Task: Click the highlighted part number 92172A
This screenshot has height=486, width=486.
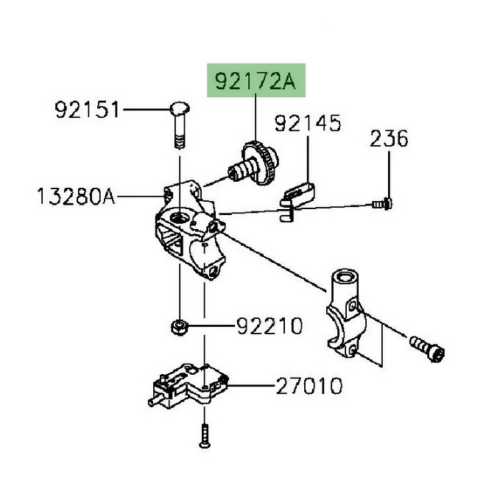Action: (256, 81)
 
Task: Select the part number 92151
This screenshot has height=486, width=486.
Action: (87, 110)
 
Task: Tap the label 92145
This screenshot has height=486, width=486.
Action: (308, 123)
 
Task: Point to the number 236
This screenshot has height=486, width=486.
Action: (389, 138)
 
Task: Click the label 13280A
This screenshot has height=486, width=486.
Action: (76, 196)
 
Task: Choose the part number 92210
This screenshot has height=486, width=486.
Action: (270, 325)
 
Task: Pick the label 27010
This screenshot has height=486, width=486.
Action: (309, 386)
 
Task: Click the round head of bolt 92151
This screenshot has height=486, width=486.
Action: (180, 108)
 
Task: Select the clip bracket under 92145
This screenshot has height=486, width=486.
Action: (297, 201)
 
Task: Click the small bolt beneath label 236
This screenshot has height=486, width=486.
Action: (382, 204)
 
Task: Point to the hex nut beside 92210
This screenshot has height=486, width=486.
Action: (180, 327)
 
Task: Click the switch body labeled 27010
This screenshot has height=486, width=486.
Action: (188, 384)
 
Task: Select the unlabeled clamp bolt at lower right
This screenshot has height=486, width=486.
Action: (427, 348)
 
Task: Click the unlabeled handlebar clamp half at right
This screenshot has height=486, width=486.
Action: (346, 312)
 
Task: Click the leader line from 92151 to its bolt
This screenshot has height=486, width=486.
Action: (147, 109)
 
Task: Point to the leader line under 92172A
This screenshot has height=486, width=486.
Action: (256, 117)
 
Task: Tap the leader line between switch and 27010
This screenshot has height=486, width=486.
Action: (251, 386)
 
